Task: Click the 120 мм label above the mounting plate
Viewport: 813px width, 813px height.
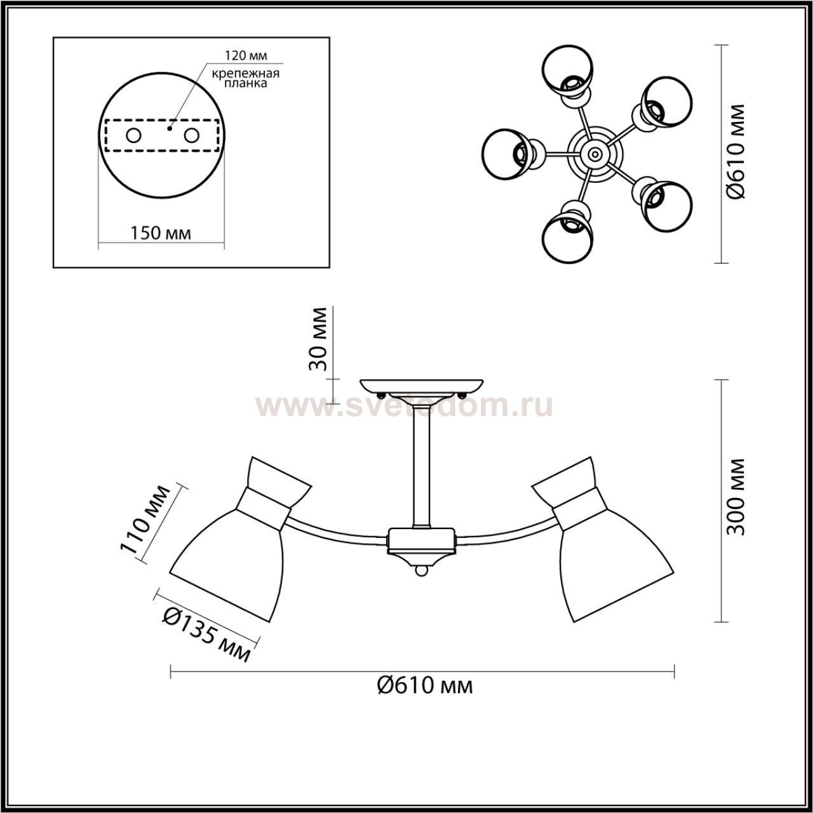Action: pyautogui.click(x=245, y=55)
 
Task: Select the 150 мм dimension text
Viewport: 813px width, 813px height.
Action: pyautogui.click(x=160, y=233)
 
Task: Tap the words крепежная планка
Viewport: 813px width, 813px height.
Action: pyautogui.click(x=245, y=78)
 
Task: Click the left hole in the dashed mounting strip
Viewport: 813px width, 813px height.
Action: pyautogui.click(x=134, y=136)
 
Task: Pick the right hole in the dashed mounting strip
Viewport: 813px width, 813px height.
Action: pyautogui.click(x=191, y=136)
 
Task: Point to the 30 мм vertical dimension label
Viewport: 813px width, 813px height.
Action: pyautogui.click(x=318, y=339)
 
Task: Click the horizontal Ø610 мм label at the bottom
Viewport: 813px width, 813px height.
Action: pyautogui.click(x=425, y=687)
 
